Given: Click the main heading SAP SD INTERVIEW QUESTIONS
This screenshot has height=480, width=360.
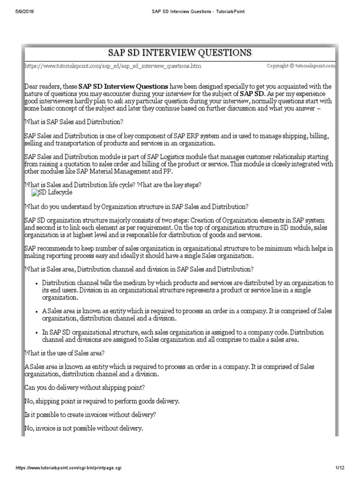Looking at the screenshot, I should click(180, 52).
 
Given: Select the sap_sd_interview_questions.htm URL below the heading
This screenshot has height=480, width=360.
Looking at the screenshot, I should click(112, 67).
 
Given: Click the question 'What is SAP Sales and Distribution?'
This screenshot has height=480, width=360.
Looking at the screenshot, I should click(73, 122).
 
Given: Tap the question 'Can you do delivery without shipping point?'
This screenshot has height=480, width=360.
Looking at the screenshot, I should click(84, 389).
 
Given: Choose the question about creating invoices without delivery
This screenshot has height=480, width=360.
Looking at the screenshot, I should click(90, 415).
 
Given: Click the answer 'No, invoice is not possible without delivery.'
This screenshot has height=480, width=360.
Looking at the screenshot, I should click(83, 429).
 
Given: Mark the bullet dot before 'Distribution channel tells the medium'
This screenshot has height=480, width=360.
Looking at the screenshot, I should click(37, 283).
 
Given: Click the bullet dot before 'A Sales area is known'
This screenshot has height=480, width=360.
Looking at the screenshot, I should click(37, 311).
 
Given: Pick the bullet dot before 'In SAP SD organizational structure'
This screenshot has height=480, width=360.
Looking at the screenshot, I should click(37, 332).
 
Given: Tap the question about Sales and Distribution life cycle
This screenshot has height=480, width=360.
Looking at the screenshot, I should click(112, 185).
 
